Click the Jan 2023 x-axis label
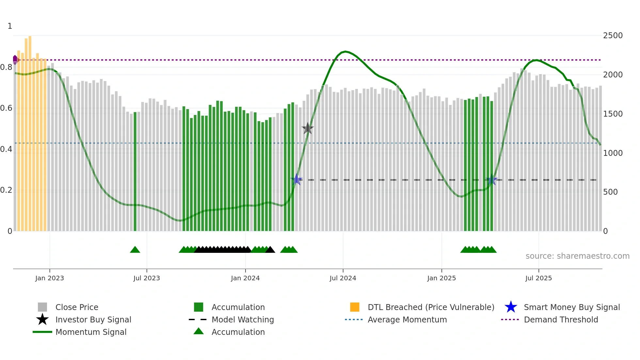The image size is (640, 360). pyautogui.click(x=50, y=278)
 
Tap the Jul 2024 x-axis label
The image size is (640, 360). pyautogui.click(x=343, y=278)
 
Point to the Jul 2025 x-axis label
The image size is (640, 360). pyautogui.click(x=538, y=278)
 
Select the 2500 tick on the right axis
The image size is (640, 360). pyautogui.click(x=613, y=36)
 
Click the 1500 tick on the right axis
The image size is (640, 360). pyautogui.click(x=613, y=114)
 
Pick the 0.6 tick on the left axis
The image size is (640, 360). pyautogui.click(x=6, y=108)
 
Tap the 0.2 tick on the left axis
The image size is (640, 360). pyautogui.click(x=6, y=190)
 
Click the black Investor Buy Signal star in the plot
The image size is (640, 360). pyautogui.click(x=308, y=129)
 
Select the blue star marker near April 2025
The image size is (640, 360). pyautogui.click(x=492, y=180)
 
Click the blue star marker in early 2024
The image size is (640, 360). pyautogui.click(x=296, y=179)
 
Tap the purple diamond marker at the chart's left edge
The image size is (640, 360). pyautogui.click(x=15, y=60)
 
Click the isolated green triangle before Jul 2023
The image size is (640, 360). pyautogui.click(x=135, y=250)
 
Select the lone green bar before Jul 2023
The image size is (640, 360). pyautogui.click(x=135, y=172)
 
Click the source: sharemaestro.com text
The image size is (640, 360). pyautogui.click(x=577, y=256)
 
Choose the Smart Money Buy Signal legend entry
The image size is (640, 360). pyautogui.click(x=571, y=307)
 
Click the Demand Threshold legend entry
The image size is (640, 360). pyautogui.click(x=561, y=320)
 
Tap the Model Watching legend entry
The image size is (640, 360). pyautogui.click(x=242, y=320)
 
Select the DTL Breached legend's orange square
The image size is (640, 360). pyautogui.click(x=355, y=307)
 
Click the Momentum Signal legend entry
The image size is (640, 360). pyautogui.click(x=91, y=332)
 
